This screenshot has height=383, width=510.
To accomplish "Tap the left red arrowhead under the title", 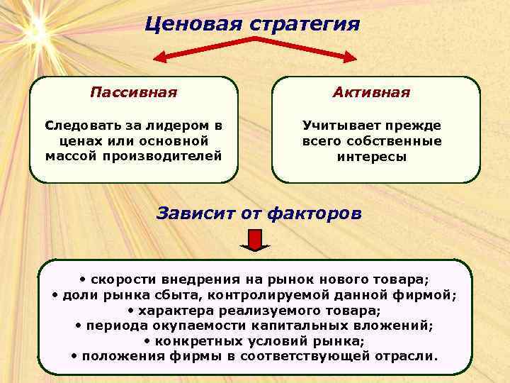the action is (x=162, y=56).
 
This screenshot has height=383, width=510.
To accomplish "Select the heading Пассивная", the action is (x=134, y=93).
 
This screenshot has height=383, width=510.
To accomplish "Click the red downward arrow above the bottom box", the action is (x=255, y=244).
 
